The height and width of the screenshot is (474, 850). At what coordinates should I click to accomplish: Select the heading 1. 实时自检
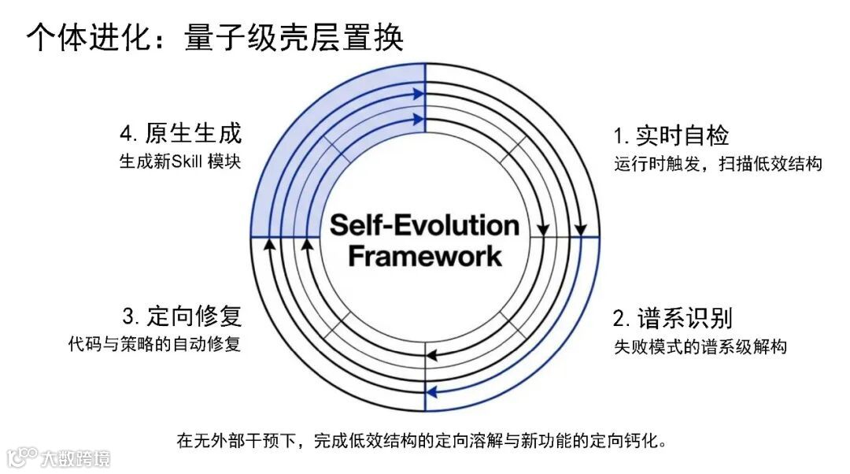click(x=671, y=135)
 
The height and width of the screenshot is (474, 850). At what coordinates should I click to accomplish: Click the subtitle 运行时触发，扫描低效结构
click(x=718, y=165)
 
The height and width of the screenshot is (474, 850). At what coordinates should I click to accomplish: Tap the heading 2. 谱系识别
click(x=672, y=318)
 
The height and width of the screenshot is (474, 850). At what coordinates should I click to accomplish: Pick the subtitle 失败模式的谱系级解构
click(x=700, y=346)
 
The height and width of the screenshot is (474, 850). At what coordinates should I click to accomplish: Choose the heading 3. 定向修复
click(x=182, y=317)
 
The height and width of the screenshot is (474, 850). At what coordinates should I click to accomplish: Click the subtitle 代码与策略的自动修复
click(x=154, y=344)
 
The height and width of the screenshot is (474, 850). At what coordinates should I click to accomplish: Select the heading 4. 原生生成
click(x=182, y=133)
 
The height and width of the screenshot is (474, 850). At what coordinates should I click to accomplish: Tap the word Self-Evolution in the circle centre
click(x=424, y=225)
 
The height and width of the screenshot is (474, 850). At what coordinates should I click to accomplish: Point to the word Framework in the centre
click(x=424, y=256)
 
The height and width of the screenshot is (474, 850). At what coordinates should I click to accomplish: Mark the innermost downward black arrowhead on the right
click(x=543, y=230)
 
